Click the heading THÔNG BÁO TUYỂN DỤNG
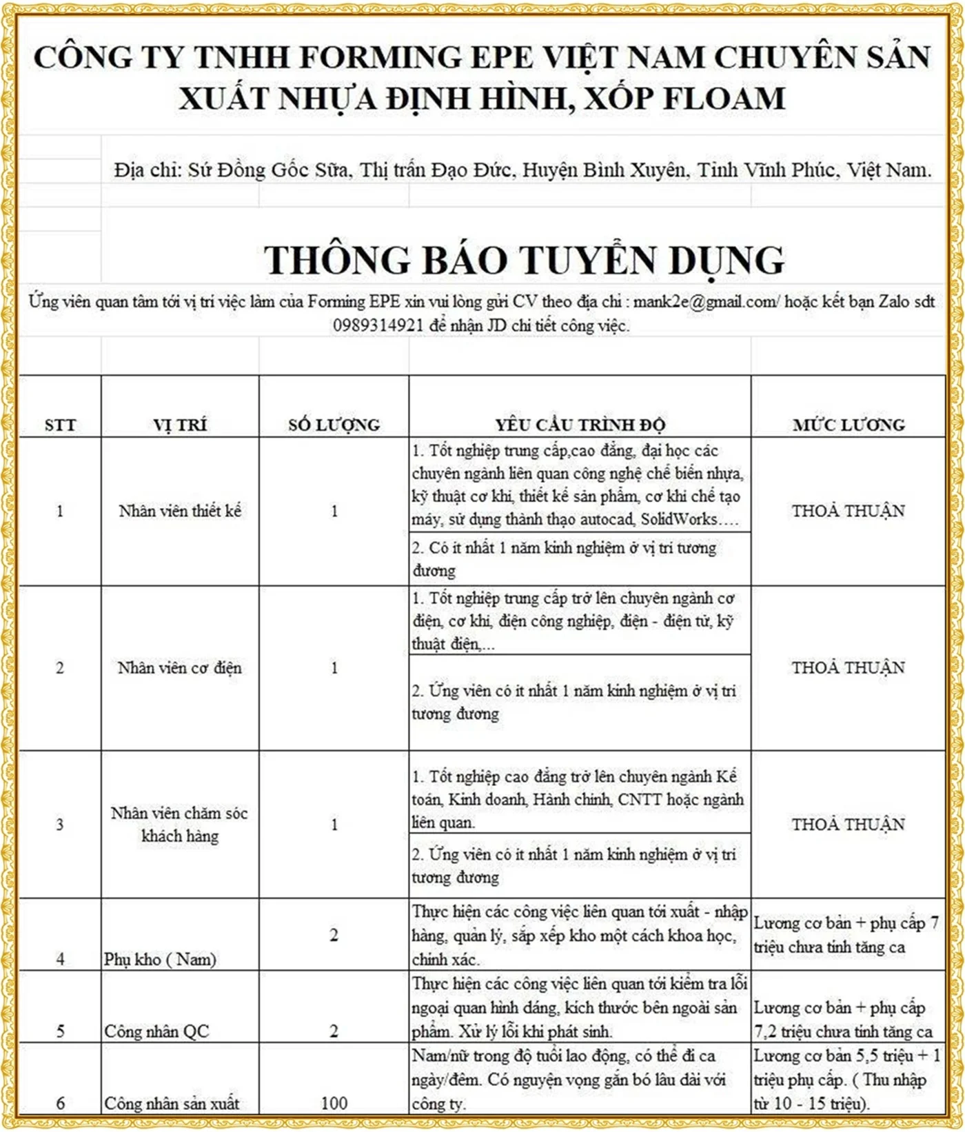524,261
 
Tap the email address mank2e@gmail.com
705,302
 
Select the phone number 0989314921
378,325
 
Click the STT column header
60,425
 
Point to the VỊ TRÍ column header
180,425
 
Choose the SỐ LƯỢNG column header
334,425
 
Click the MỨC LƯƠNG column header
849,425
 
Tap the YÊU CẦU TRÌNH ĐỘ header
580,425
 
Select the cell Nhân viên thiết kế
180,511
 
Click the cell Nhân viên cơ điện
180,667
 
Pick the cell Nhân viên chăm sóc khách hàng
180,825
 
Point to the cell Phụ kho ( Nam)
160,959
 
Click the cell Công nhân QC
156,1031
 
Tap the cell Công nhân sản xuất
172,1103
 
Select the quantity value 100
334,1103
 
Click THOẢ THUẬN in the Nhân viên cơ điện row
849,667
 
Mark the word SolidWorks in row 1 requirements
679,519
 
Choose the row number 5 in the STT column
60,1031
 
